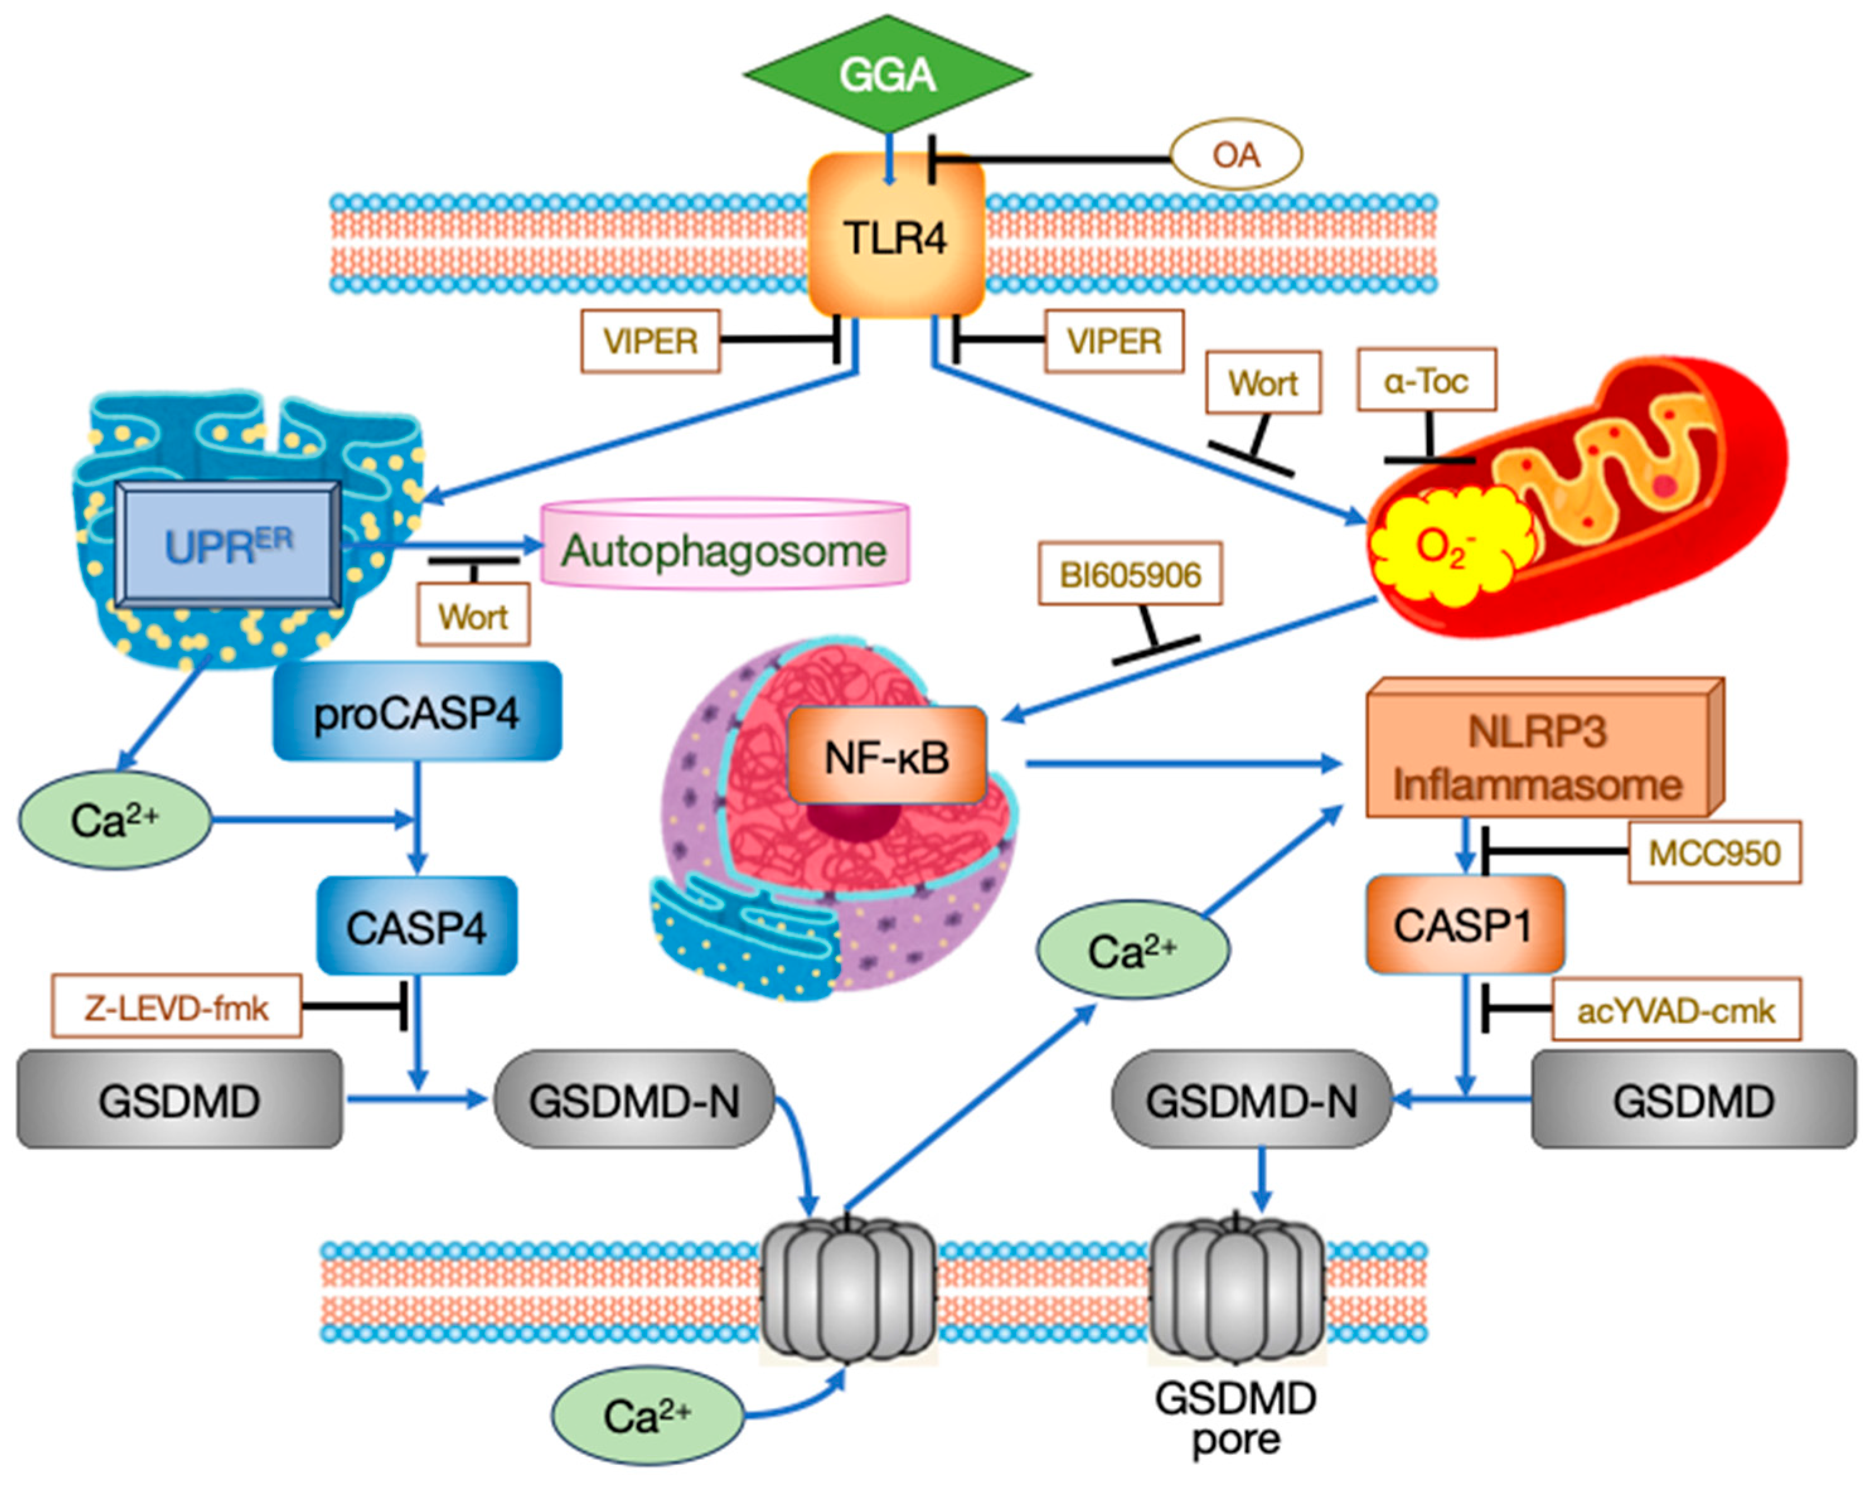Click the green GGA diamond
(886, 75)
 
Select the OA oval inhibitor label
(1235, 154)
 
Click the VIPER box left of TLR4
(650, 341)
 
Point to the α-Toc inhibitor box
(1426, 380)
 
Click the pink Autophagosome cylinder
(724, 550)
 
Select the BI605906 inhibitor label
(1130, 573)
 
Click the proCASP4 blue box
(416, 713)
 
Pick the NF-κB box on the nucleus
(886, 757)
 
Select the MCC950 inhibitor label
(1714, 852)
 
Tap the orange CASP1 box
(1464, 925)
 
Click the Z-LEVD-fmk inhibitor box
(176, 1006)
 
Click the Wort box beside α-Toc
(1263, 382)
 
